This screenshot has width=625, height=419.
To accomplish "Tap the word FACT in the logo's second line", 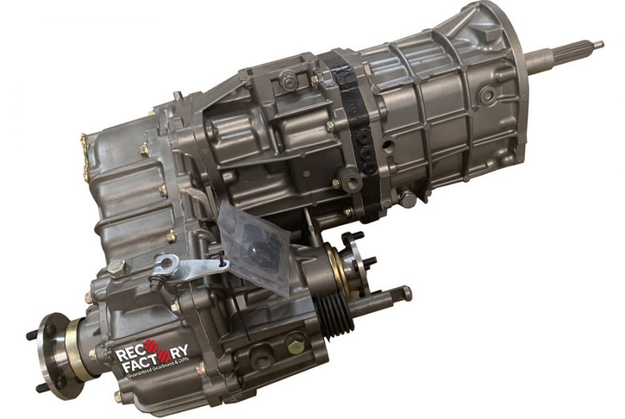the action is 133,366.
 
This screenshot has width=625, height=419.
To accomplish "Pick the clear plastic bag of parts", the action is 255,247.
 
